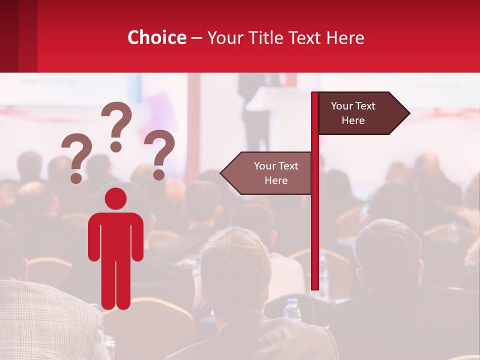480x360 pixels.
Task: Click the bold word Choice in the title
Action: click(156, 37)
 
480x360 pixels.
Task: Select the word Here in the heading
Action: click(344, 37)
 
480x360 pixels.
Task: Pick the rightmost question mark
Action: click(159, 154)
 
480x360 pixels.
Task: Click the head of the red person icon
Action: click(116, 198)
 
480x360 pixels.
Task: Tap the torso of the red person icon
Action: click(116, 235)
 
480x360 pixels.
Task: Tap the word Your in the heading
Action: click(223, 37)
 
